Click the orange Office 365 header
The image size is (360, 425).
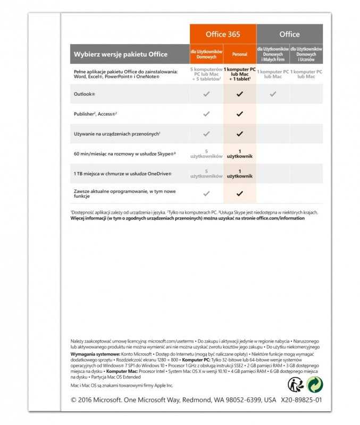223,35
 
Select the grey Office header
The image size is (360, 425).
289,35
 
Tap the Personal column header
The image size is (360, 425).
239,54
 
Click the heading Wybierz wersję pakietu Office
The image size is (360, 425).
121,54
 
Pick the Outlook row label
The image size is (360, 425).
85,94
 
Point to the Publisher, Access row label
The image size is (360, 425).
96,114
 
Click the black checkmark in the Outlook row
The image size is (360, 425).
239,94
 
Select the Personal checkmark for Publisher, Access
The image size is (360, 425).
239,114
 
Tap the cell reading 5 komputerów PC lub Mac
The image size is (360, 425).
206,74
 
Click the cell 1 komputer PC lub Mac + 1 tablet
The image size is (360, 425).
239,74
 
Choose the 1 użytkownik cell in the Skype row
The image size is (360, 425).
239,154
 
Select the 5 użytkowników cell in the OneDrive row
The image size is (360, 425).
206,174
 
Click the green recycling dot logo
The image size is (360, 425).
315,385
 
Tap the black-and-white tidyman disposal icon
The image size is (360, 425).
296,385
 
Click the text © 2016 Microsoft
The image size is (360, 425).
96,400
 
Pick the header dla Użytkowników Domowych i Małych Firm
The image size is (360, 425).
273,54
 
